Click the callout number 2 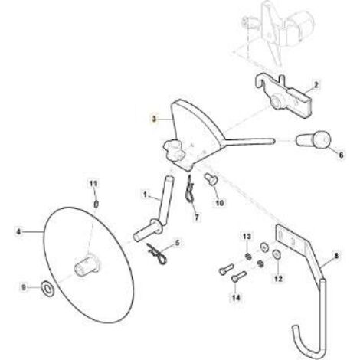(316, 85)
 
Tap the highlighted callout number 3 (154, 119)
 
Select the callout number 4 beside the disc (18, 232)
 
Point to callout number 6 (341, 155)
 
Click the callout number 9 (24, 288)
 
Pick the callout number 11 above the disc (93, 183)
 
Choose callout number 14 (236, 297)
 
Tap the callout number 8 (336, 256)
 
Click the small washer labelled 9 (47, 288)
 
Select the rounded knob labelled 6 (313, 139)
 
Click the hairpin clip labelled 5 (157, 255)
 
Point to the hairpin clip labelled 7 (189, 190)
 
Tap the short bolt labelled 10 (211, 179)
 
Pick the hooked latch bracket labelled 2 (283, 95)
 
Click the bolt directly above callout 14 (239, 276)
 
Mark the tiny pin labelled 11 (97, 204)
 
